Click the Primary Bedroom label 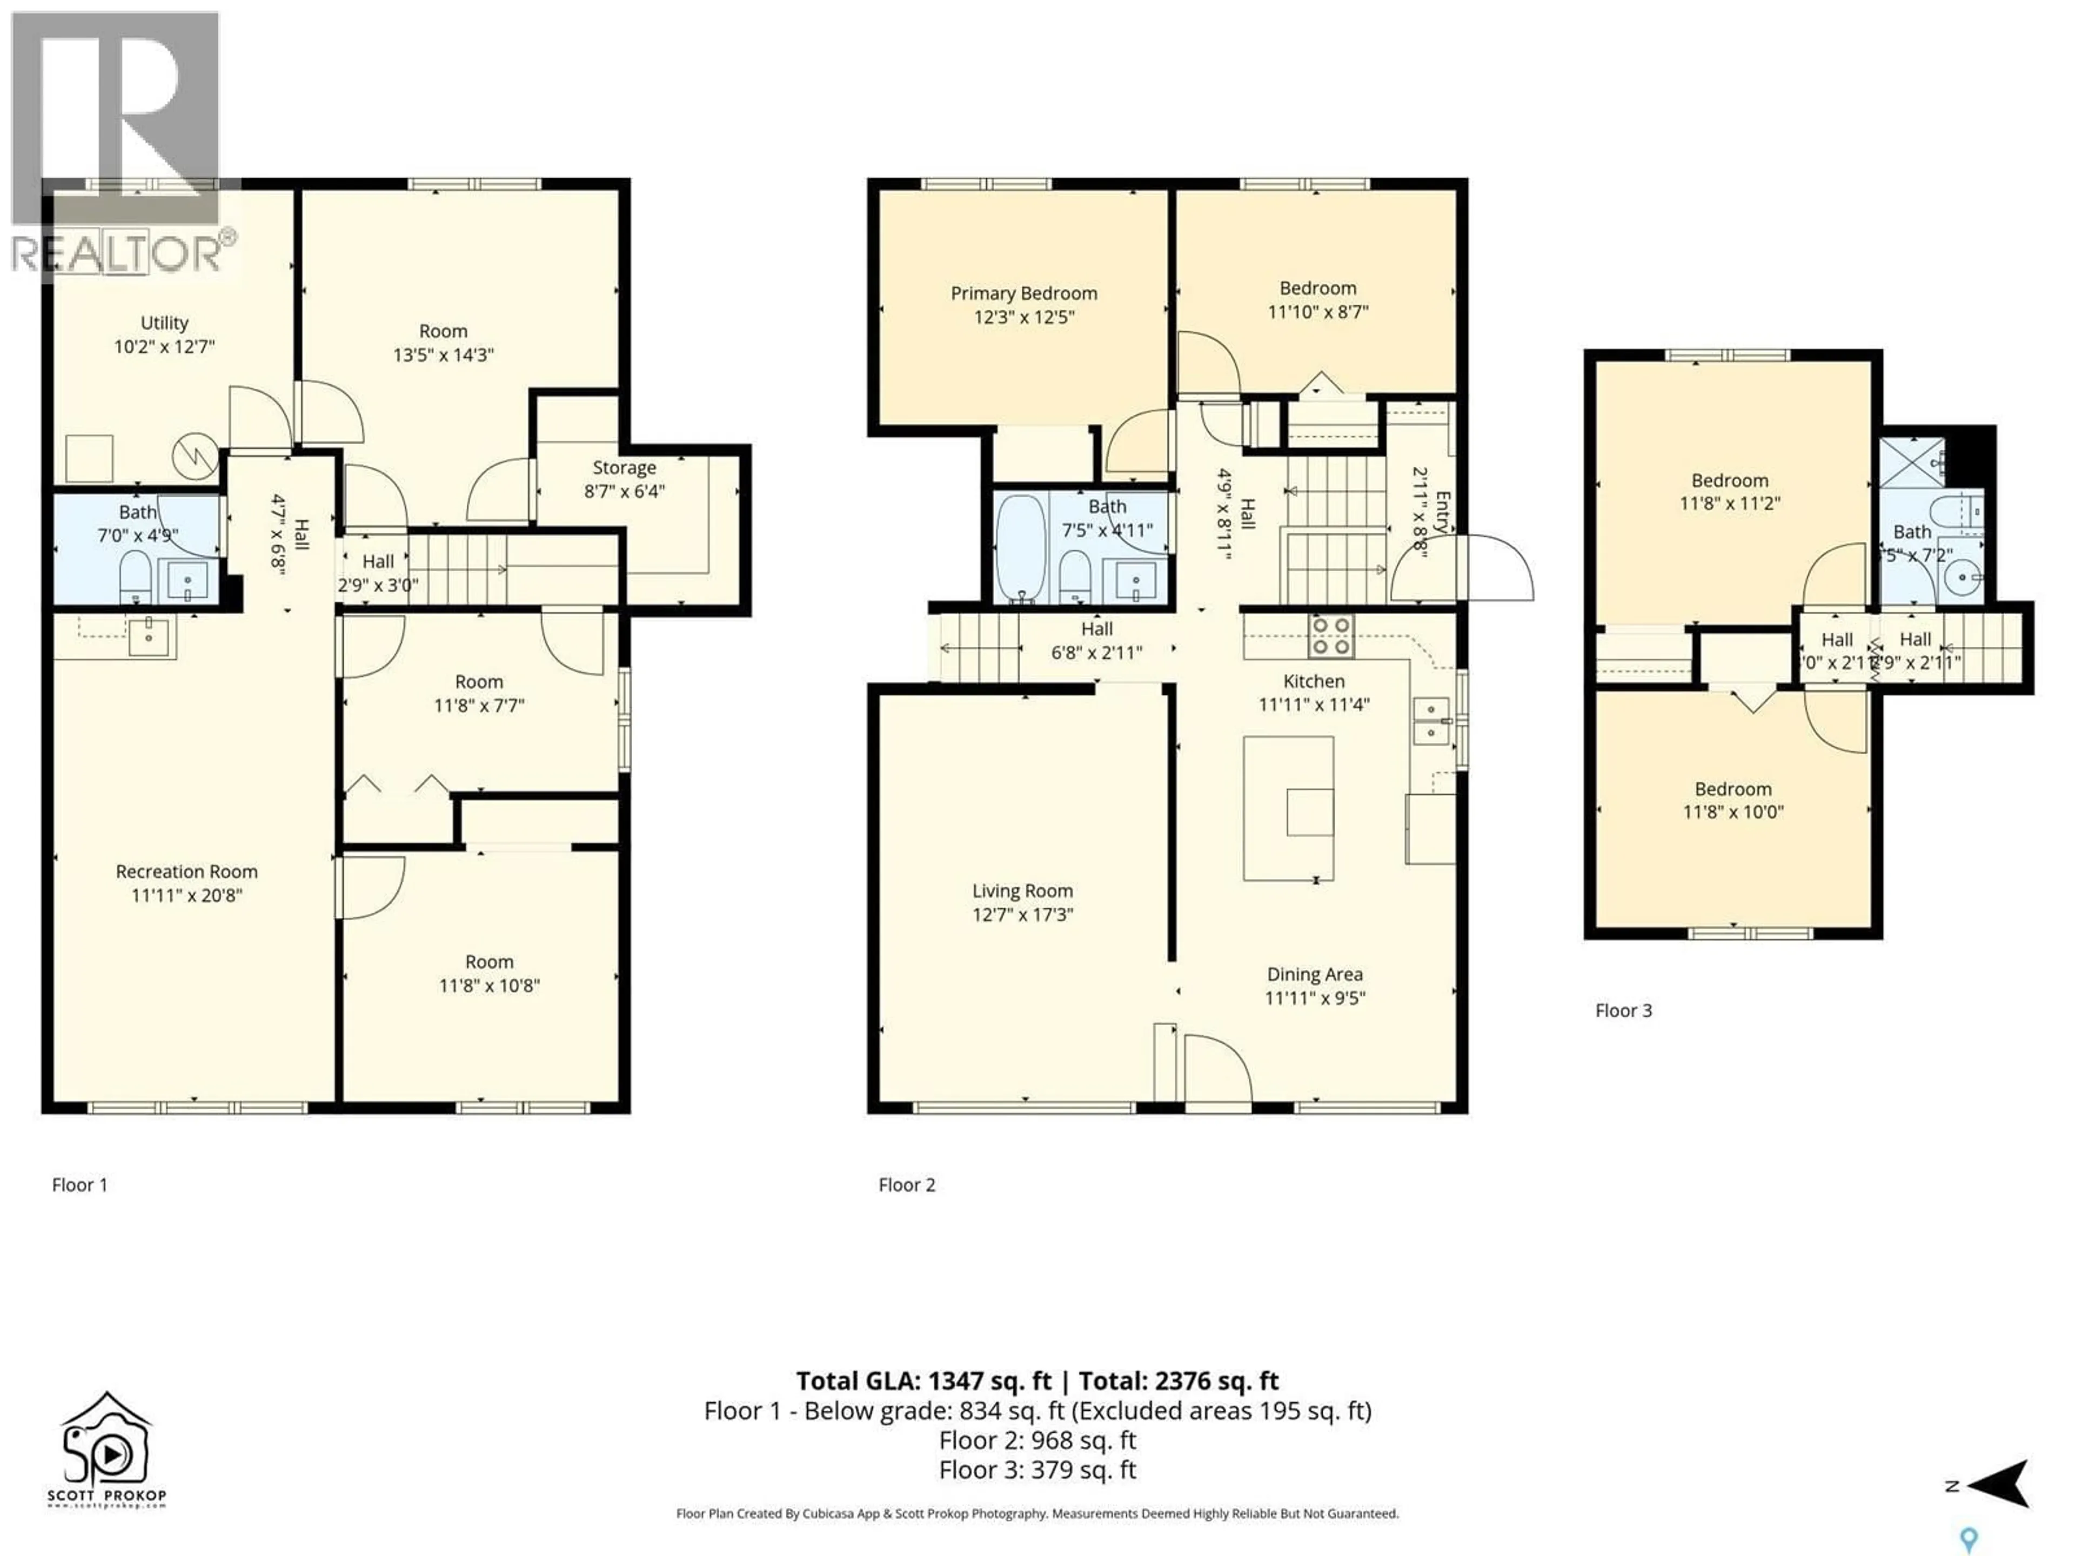(x=1023, y=293)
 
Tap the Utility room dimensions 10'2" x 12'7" (x=164, y=347)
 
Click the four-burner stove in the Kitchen (x=1330, y=636)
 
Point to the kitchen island (x=1288, y=808)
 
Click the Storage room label (x=624, y=467)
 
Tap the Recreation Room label (x=186, y=871)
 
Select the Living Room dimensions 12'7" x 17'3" (x=1022, y=915)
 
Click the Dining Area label (x=1314, y=975)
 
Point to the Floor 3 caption (x=1623, y=1011)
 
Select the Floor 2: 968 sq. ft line (x=1036, y=1440)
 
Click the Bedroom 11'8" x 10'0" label (x=1732, y=800)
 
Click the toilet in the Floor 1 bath (x=136, y=576)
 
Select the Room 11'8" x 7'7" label (x=478, y=693)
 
